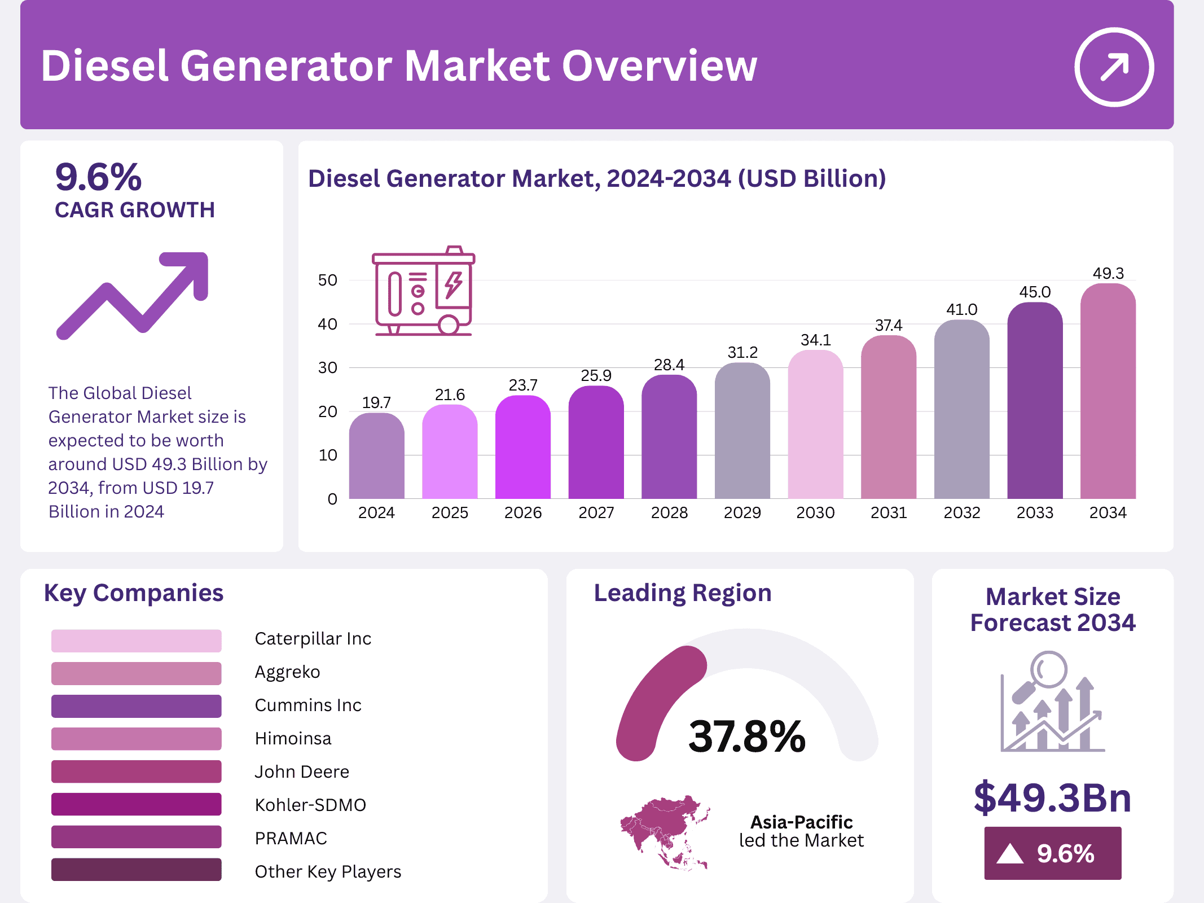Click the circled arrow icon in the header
1114,67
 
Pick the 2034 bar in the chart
1108,392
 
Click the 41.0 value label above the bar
961,309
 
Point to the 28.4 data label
669,365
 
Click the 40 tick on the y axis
327,324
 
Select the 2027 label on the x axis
596,512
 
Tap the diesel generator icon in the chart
424,292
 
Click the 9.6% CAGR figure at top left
98,177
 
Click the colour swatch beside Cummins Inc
136,706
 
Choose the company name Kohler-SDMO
310,805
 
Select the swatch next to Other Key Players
136,870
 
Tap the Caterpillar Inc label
313,638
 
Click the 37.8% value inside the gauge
746,737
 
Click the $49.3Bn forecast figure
1052,797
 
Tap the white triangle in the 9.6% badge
1009,854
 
